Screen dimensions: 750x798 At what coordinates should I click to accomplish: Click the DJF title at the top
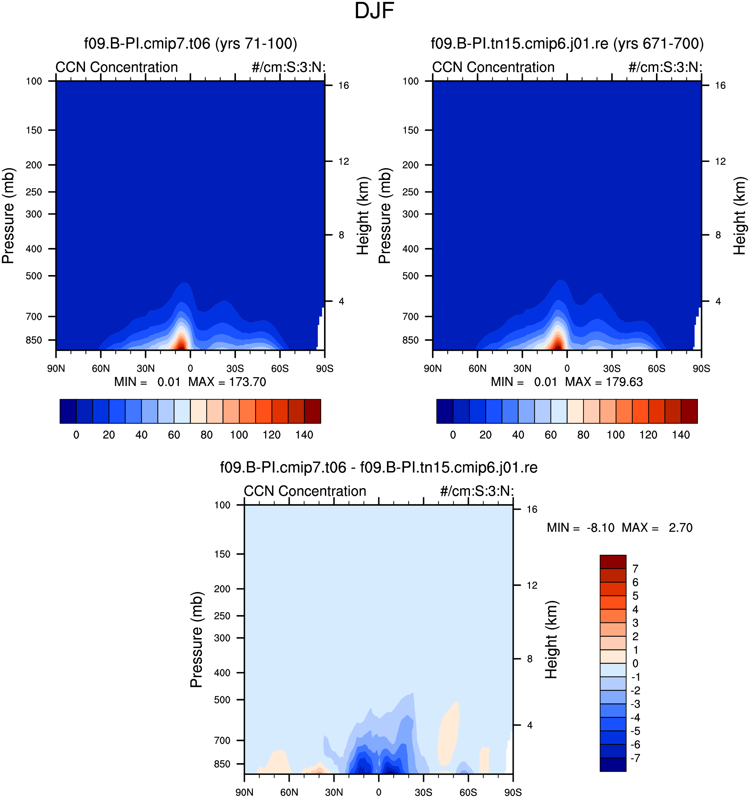(374, 11)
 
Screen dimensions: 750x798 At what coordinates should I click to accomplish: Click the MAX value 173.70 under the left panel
(247, 382)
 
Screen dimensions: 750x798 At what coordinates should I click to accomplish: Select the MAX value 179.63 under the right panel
(624, 382)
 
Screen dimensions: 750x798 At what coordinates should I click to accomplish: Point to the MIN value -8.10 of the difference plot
(601, 528)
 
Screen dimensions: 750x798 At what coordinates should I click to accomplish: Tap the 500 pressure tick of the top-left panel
(34, 276)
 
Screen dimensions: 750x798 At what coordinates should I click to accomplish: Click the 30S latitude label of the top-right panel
(612, 369)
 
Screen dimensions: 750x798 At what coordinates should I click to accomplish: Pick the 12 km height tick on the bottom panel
(532, 586)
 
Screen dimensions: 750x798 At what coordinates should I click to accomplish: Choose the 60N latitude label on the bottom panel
(289, 792)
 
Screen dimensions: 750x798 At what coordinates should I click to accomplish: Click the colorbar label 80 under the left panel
(206, 435)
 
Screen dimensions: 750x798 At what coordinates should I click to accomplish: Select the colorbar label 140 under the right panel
(681, 435)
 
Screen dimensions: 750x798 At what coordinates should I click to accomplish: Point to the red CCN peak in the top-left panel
(182, 344)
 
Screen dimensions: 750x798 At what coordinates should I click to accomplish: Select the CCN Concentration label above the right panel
(493, 67)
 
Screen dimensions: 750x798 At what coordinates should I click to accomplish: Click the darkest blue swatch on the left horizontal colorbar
(68, 411)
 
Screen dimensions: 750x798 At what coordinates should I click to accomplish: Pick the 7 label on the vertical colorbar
(635, 569)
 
